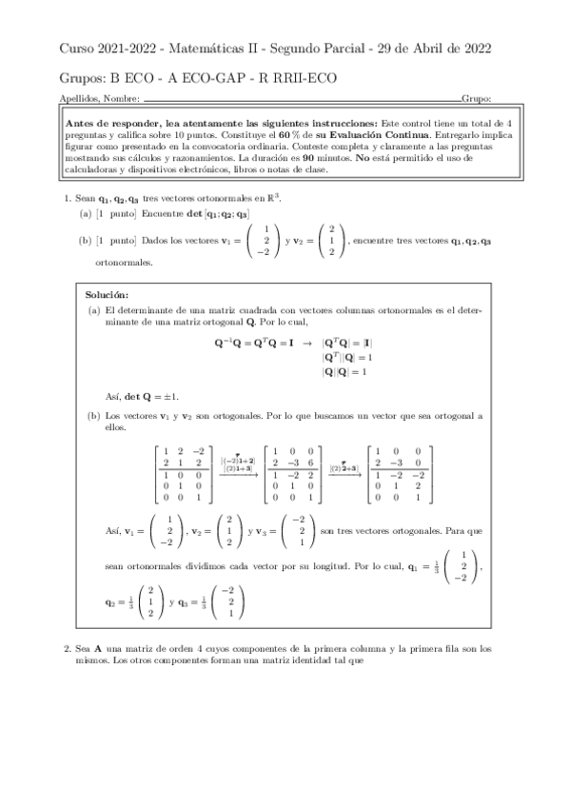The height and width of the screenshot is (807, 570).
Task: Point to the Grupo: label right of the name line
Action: [x=476, y=99]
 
